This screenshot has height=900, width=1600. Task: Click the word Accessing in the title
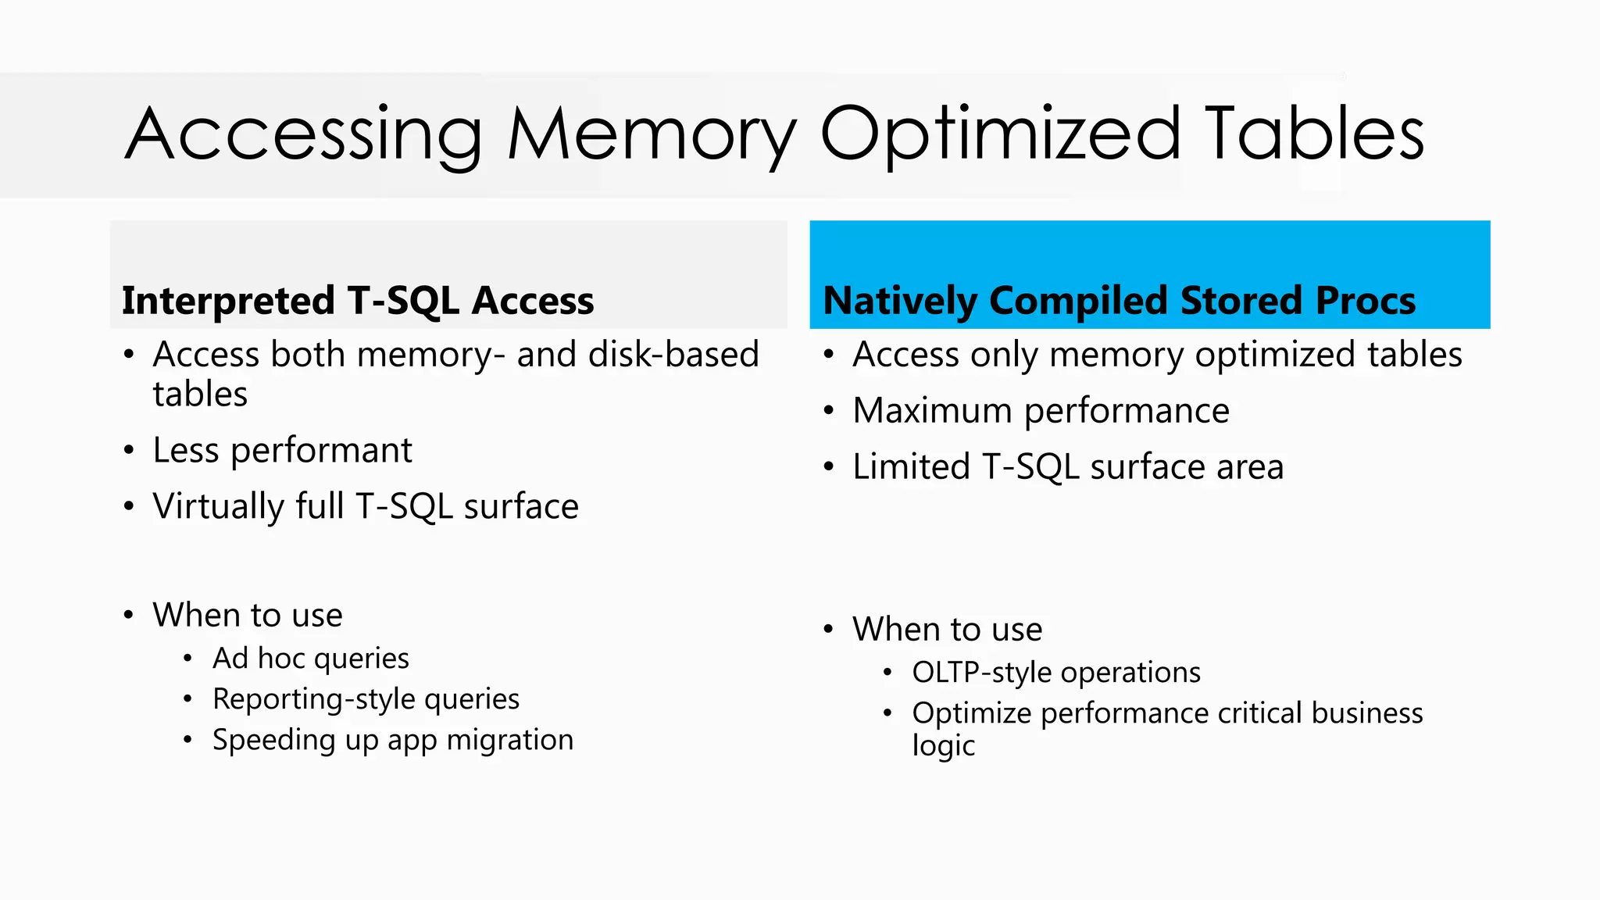[x=303, y=134]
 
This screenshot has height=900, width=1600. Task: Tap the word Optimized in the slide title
[x=1000, y=134]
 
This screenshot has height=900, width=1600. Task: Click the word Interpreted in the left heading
[x=228, y=302]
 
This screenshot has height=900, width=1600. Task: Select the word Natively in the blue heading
[x=898, y=302]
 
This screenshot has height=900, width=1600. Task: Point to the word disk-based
[x=673, y=355]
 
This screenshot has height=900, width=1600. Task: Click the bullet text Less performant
[x=282, y=451]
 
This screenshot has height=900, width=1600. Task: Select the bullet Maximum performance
[x=1041, y=411]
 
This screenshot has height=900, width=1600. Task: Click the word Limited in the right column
[x=911, y=467]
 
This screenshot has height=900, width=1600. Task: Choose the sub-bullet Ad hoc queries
[x=310, y=659]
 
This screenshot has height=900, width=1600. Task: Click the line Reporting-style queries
[x=366, y=699]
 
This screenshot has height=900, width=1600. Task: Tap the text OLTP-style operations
[x=1055, y=673]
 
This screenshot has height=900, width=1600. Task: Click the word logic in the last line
[x=943, y=746]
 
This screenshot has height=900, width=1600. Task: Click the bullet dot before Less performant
[x=129, y=451]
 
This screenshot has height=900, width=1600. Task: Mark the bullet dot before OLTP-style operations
[x=887, y=673]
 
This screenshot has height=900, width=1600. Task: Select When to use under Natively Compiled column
[x=947, y=630]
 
